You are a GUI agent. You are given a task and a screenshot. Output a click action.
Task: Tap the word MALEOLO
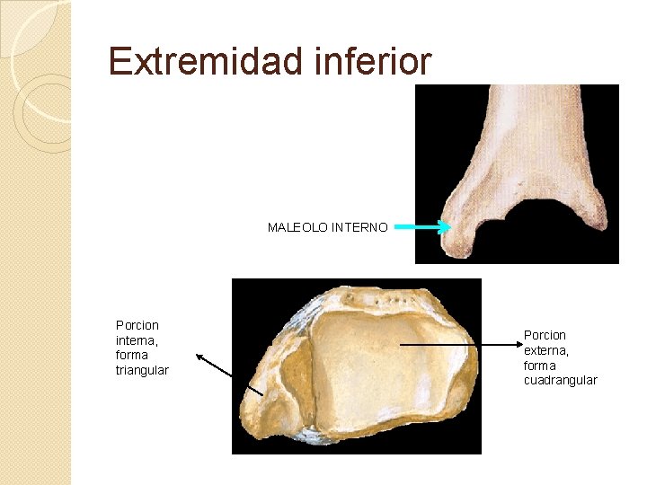click(297, 227)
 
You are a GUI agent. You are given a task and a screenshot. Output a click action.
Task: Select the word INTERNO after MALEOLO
click(359, 227)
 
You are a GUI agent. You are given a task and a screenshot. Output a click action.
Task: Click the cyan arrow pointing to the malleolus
click(421, 227)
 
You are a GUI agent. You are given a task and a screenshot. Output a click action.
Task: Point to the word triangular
click(142, 370)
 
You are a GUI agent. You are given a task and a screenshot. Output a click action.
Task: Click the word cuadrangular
click(560, 380)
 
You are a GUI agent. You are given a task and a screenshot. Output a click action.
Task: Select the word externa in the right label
click(545, 349)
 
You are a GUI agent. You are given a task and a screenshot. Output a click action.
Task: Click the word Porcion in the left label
click(137, 324)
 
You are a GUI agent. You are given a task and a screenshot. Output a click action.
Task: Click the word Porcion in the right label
click(545, 334)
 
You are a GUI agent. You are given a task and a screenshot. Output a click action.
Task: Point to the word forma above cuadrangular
click(539, 365)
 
